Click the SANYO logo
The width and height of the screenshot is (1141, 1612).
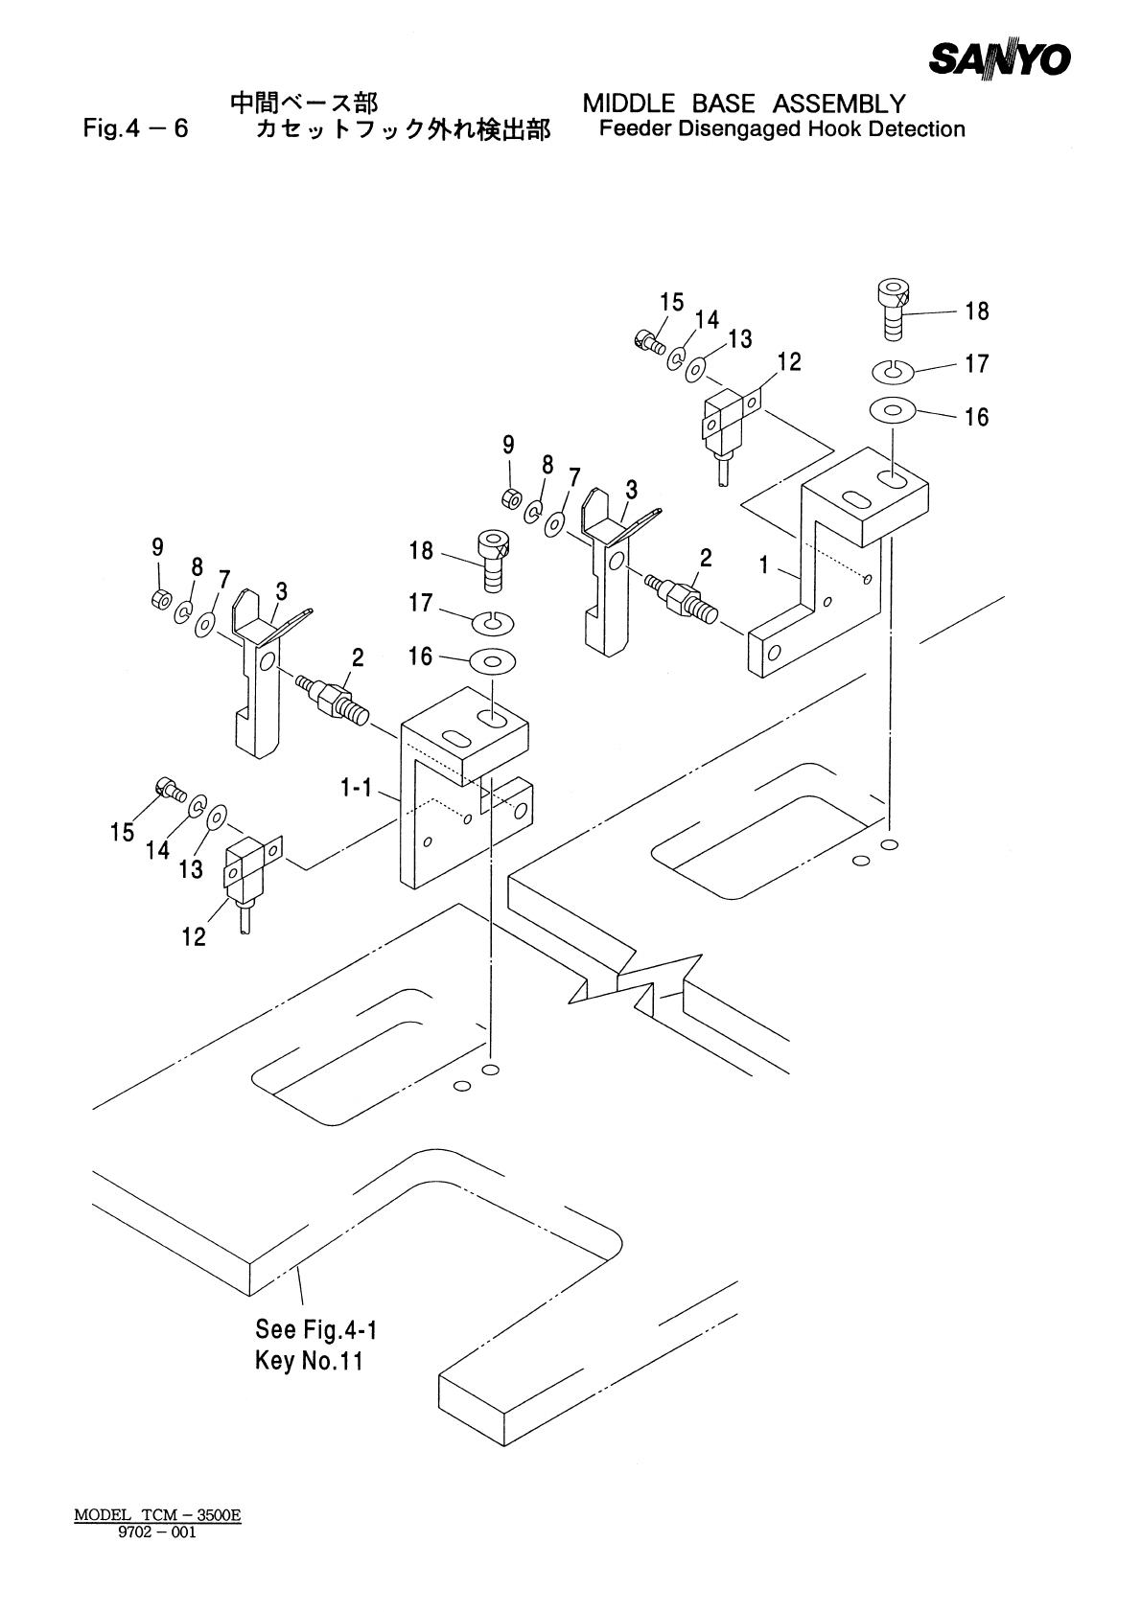pos(999,59)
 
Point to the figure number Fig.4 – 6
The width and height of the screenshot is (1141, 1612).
pos(135,128)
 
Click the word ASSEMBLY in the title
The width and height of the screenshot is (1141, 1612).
pos(839,104)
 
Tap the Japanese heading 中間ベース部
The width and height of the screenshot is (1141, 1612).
pos(304,104)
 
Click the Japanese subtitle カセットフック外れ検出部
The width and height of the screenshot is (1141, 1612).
pos(403,130)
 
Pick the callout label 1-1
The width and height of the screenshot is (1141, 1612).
pos(356,789)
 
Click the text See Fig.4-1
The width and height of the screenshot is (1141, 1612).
pos(316,1329)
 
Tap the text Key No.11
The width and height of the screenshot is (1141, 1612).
pos(309,1361)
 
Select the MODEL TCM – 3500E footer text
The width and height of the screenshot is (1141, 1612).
pos(157,1515)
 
